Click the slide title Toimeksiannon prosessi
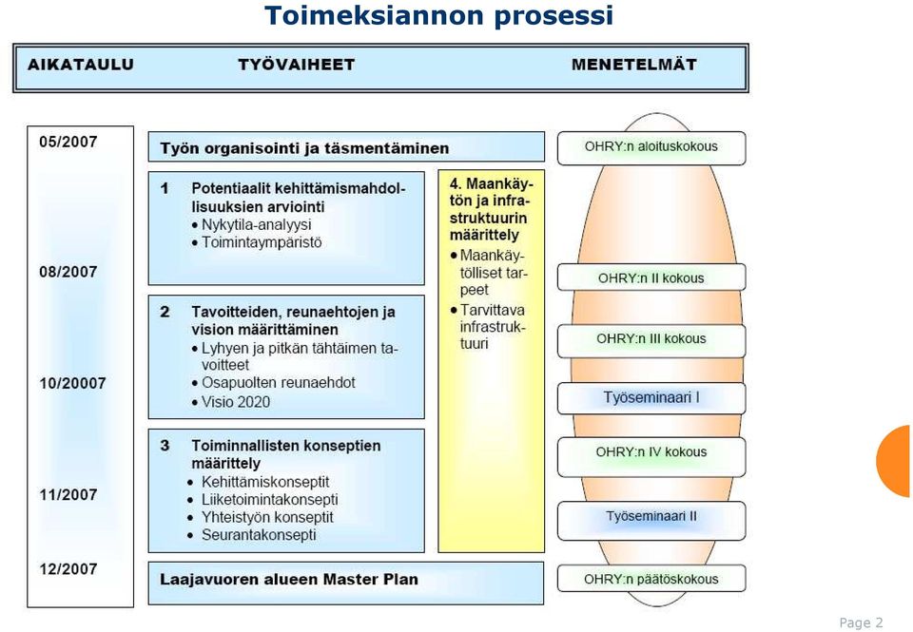[x=438, y=16]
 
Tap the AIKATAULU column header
[x=81, y=65]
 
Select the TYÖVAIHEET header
[x=297, y=64]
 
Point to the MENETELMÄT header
[x=634, y=64]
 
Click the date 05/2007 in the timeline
[x=68, y=142]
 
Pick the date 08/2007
[x=68, y=272]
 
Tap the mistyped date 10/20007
[x=73, y=384]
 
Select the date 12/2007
[x=68, y=568]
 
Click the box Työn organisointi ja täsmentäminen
[x=346, y=146]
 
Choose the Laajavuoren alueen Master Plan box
[x=346, y=584]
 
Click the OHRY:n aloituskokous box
[x=651, y=148]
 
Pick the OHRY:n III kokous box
[x=651, y=340]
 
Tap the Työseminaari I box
[x=651, y=398]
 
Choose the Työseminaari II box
[x=651, y=520]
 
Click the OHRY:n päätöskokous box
[x=651, y=579]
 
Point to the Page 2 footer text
[x=862, y=622]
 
